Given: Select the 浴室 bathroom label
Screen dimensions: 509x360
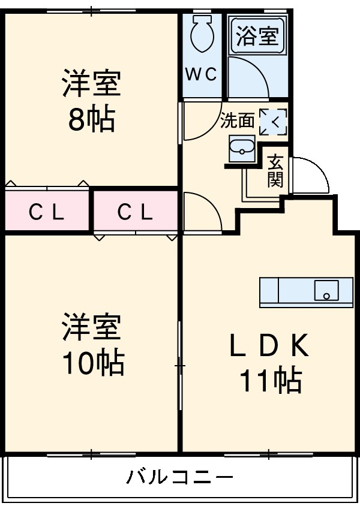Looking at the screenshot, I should [x=257, y=37].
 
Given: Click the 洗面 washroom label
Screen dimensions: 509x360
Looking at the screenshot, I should [x=237, y=121].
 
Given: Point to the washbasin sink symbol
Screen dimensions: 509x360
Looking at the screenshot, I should [x=242, y=147].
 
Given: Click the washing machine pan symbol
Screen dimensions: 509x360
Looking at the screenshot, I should [x=273, y=122].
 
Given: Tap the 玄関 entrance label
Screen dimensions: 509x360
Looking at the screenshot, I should [x=275, y=171].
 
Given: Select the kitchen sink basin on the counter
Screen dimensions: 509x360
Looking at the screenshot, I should [x=326, y=290].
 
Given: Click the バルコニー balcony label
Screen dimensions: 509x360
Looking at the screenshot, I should [x=179, y=478].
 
